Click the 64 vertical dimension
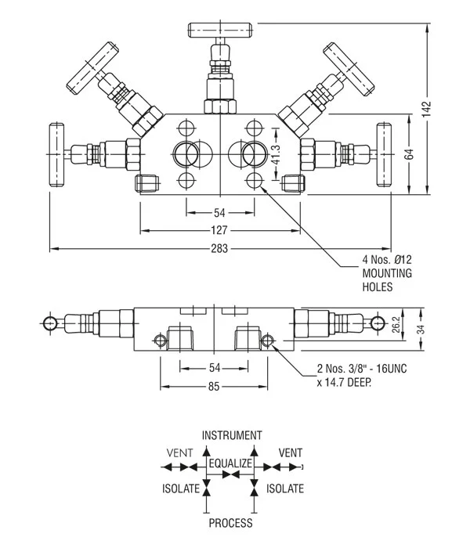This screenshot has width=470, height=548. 409,153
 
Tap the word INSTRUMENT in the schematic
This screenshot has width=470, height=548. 232,435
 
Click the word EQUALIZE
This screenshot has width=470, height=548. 231,463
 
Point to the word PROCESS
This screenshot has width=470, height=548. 231,523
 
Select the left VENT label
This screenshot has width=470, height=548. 179,452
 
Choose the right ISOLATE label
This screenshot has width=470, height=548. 286,489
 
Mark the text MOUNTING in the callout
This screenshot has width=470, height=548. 386,273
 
